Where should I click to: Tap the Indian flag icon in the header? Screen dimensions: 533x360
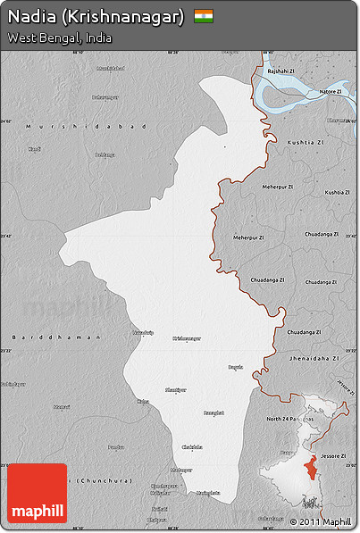[x=204, y=16]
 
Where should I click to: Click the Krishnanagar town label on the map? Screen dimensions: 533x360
[x=187, y=338]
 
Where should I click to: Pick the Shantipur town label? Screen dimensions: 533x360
[x=176, y=389]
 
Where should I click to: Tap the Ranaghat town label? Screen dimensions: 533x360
[x=213, y=412]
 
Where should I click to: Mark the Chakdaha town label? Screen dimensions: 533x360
[x=192, y=446]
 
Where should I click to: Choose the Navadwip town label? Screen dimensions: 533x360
[x=143, y=333]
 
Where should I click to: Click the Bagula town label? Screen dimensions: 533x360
[x=235, y=367]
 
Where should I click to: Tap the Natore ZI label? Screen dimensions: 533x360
[x=331, y=91]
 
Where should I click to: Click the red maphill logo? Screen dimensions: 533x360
[x=37, y=493]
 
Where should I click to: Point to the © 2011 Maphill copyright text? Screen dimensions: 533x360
[x=320, y=521]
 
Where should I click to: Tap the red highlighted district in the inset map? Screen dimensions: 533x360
[x=310, y=470]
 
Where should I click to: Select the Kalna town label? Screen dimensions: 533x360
[x=143, y=402]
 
